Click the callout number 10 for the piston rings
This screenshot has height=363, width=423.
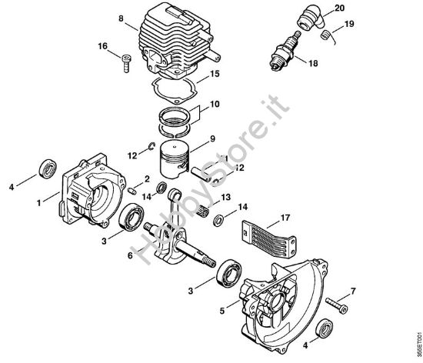[215, 103]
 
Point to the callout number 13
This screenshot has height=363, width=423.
[225, 198]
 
